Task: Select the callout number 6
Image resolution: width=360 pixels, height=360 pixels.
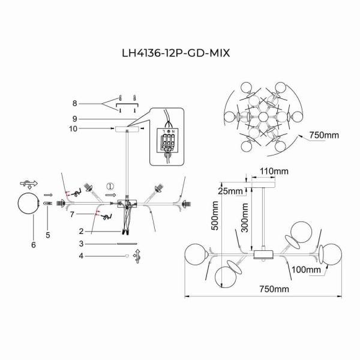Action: tap(34, 245)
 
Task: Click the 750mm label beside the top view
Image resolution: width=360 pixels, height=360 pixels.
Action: tap(325, 135)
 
